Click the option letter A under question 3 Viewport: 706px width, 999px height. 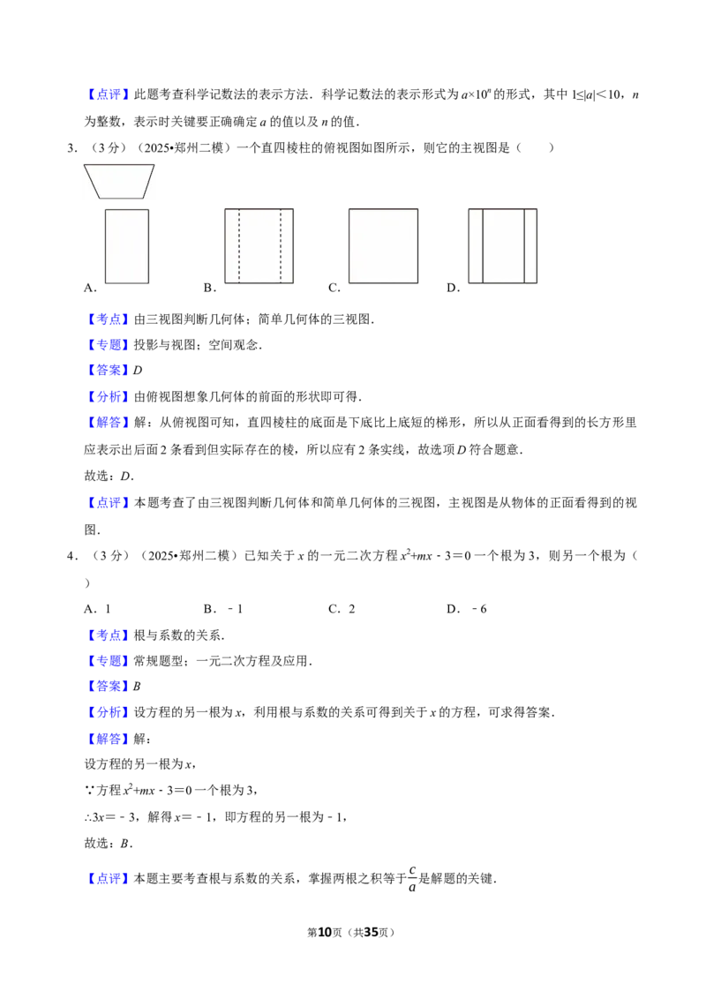[x=90, y=288]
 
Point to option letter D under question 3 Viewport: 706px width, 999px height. [x=453, y=288]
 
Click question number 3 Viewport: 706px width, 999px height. [x=72, y=147]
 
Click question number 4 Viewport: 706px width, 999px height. [x=72, y=556]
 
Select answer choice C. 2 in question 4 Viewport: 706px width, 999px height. [x=342, y=609]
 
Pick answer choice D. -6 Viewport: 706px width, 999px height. [x=467, y=609]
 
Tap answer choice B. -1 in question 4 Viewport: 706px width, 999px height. [x=223, y=609]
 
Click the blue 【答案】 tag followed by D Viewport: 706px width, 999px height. [x=109, y=370]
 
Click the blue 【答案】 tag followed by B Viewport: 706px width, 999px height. [x=109, y=687]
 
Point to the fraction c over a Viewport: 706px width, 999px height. [x=412, y=879]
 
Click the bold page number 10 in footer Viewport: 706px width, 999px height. [x=325, y=932]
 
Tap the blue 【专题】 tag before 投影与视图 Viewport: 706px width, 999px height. [x=109, y=345]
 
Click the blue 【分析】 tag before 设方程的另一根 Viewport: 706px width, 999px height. [x=109, y=712]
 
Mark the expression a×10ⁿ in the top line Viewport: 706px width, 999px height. [x=477, y=94]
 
